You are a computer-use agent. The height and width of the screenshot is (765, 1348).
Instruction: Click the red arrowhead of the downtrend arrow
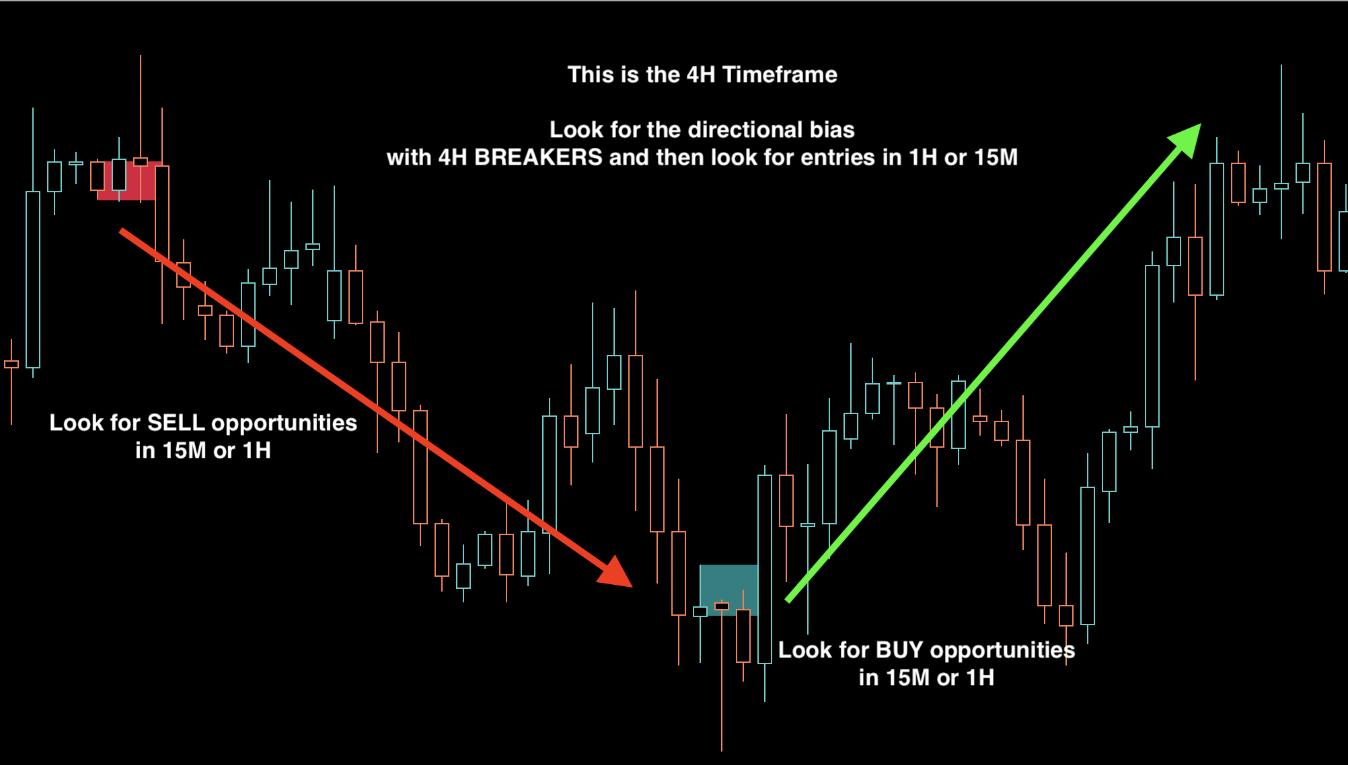(615, 573)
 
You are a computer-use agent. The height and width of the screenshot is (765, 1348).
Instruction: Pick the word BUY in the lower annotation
(899, 650)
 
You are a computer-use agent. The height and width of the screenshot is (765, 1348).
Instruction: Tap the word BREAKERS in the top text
(538, 157)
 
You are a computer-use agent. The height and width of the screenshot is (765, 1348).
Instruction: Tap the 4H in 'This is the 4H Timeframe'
(700, 75)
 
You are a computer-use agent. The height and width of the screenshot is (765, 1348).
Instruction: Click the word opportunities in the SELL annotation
(284, 423)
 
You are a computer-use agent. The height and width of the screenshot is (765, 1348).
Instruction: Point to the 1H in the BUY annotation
(980, 678)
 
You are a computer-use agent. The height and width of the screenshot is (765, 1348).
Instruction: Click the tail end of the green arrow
(788, 600)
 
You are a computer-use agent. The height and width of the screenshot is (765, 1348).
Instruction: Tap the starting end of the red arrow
(122, 231)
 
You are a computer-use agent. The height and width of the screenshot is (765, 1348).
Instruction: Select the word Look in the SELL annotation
(73, 423)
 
